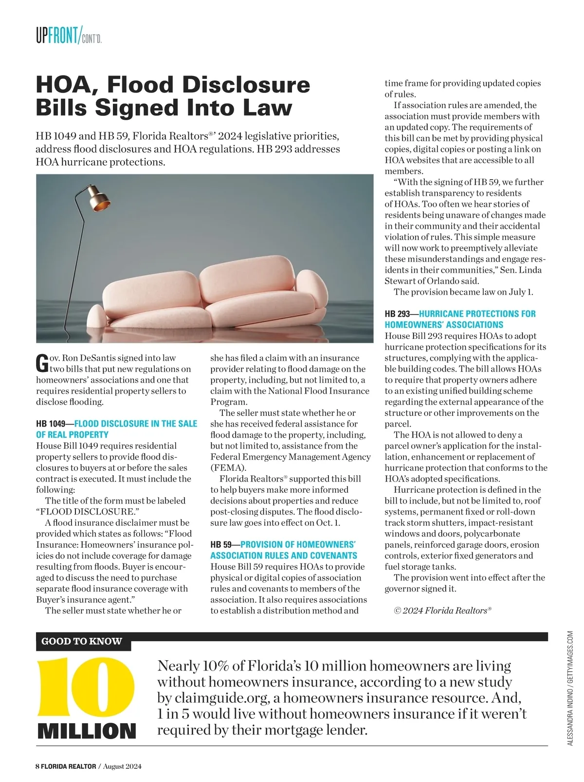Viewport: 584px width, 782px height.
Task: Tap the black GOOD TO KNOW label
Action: point(82,641)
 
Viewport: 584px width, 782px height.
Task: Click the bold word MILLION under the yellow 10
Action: point(87,731)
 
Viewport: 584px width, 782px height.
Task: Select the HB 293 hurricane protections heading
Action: point(460,319)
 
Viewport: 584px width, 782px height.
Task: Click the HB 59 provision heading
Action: point(284,550)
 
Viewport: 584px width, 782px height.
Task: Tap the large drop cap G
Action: point(42,363)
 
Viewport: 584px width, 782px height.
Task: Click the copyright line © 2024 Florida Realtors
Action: point(442,611)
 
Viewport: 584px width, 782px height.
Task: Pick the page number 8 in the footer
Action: point(37,766)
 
